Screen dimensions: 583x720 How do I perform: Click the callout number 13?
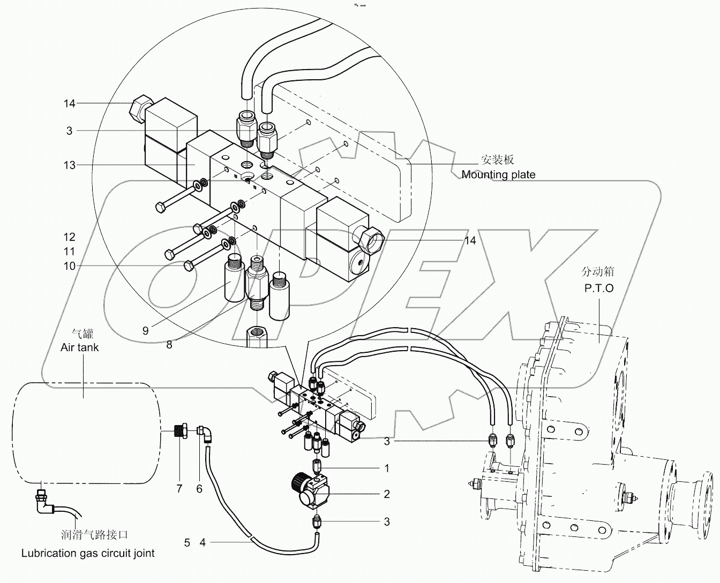coord(70,165)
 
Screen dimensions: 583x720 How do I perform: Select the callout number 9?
coord(145,331)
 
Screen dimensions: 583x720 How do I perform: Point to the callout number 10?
coord(70,266)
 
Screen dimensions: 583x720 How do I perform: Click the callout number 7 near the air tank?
coord(179,488)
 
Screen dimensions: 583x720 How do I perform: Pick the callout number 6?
coord(199,488)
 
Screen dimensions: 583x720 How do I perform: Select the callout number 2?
coord(387,494)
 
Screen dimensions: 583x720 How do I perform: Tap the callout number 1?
coord(387,468)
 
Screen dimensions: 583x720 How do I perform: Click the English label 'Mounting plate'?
coord(498,175)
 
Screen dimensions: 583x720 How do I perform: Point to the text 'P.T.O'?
coord(599,288)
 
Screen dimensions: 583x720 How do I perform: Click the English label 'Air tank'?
coord(80,347)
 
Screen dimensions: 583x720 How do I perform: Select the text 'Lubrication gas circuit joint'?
coord(88,553)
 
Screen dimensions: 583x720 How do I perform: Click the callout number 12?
coord(70,237)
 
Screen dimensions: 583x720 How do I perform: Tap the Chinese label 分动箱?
coord(598,272)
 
